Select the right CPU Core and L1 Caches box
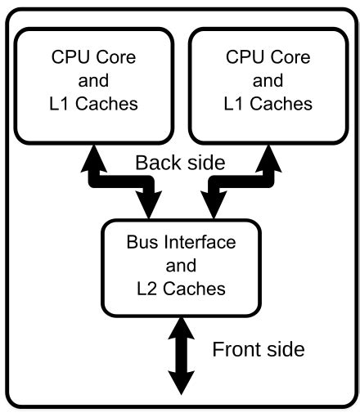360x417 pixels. pyautogui.click(x=267, y=82)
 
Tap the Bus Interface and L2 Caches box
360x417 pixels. pyautogui.click(x=181, y=265)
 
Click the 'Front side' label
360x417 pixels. pyautogui.click(x=259, y=350)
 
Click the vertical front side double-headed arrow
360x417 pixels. pyautogui.click(x=181, y=358)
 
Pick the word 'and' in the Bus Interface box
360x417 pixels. pyautogui.click(x=181, y=266)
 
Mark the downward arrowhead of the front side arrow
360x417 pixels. pyautogui.click(x=181, y=384)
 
